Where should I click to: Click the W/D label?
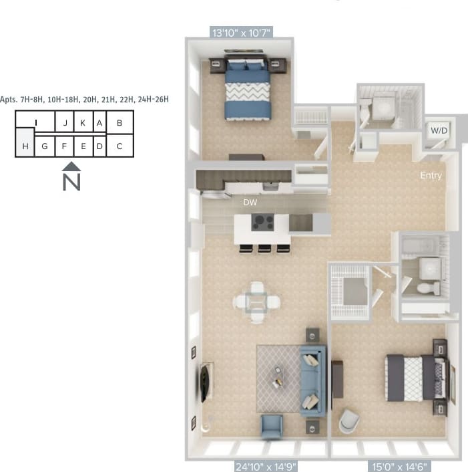[x=438, y=130]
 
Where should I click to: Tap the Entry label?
[x=431, y=176]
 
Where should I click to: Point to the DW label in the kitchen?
[x=250, y=201]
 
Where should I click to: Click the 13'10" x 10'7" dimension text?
[x=241, y=31]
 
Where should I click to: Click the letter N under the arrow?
[x=71, y=182]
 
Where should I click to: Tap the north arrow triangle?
[x=71, y=166]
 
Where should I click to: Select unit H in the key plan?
[x=25, y=146]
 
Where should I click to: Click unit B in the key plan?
[x=120, y=123]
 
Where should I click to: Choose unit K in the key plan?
[x=82, y=123]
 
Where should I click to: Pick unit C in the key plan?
[x=120, y=146]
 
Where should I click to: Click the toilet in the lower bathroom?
[x=426, y=288]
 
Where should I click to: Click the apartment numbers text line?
[x=85, y=99]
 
